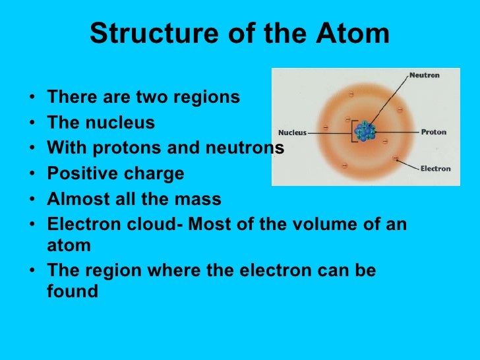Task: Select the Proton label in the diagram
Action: coord(433,132)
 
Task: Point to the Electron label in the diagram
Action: coord(435,169)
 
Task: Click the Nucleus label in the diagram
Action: coord(293,132)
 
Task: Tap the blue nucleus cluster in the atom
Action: coord(364,131)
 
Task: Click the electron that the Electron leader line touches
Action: coord(395,158)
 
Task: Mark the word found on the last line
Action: coord(72,291)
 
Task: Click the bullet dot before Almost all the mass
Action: coord(32,200)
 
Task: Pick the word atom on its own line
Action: coord(69,245)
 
